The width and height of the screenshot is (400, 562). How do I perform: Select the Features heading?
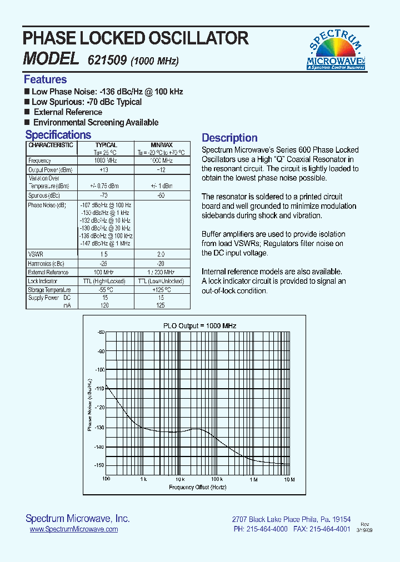[45, 79]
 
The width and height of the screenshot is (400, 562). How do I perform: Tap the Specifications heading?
[58, 134]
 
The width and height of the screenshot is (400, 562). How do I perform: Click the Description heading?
[229, 138]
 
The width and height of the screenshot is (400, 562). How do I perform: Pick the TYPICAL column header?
[106, 145]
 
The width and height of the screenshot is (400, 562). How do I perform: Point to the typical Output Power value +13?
[104, 169]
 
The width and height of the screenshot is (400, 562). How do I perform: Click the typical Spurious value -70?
[103, 195]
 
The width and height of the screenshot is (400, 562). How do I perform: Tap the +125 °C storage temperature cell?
[162, 290]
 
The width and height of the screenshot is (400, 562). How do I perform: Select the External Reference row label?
[48, 272]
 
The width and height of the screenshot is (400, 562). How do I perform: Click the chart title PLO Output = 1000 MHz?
[199, 325]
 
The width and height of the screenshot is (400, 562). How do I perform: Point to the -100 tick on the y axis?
[100, 369]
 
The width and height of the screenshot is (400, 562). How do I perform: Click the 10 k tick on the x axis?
[180, 479]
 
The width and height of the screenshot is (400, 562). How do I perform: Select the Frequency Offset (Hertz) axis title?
[197, 487]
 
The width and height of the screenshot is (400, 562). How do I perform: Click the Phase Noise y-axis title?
[89, 404]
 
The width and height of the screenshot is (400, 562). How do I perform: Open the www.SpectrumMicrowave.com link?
[73, 529]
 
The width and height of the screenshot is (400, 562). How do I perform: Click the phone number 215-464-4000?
[268, 529]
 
